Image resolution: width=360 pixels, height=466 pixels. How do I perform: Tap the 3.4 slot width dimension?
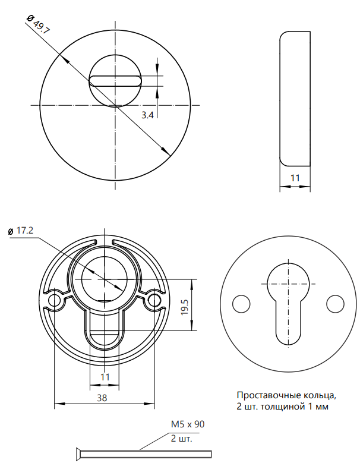coord(147,115)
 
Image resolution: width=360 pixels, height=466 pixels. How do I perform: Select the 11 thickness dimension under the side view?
coord(295,178)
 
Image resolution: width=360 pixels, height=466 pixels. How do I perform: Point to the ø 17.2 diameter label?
coord(21,231)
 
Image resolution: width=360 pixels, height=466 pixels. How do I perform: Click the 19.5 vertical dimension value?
coord(184,307)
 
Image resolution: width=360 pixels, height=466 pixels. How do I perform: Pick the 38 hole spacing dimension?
coord(102,398)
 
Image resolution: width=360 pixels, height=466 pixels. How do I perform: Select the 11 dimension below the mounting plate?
coord(105,377)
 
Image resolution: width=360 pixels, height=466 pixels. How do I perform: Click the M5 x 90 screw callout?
coord(188,424)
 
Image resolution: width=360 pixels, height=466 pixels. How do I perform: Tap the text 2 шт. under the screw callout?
coord(182,439)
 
